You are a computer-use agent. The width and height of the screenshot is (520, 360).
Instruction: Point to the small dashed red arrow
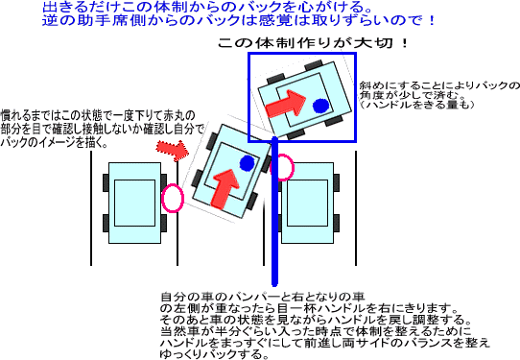171,147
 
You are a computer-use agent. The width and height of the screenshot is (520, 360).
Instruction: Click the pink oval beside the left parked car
173,198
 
